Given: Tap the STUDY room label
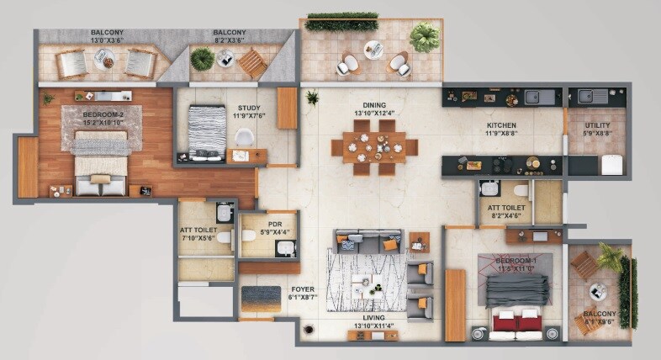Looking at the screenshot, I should tap(249, 108).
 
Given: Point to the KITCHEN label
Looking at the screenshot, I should tap(502, 126).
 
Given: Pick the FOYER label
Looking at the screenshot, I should tap(303, 289).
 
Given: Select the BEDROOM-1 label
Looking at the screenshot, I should tap(516, 262).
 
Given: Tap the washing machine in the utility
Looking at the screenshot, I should tap(612, 164).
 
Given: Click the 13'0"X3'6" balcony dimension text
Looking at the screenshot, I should tap(108, 40).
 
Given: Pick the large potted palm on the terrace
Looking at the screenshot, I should tap(425, 35).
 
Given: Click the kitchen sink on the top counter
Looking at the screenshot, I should tap(539, 96).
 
